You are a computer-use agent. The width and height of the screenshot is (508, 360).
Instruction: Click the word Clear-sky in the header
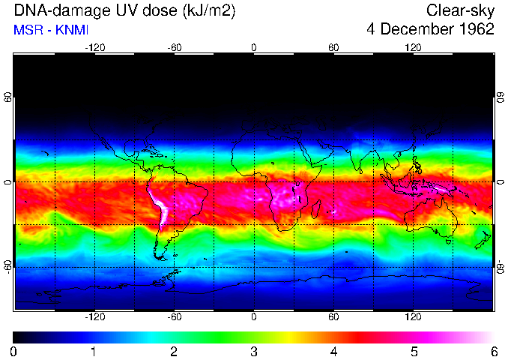tap(460, 10)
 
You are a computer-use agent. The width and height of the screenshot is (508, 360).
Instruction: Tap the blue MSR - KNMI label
tap(51, 30)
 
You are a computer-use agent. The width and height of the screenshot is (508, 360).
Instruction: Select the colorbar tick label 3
tap(253, 350)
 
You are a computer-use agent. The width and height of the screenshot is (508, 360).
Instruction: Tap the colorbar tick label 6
tap(493, 350)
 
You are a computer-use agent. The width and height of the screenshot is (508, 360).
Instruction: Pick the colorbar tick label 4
tap(333, 350)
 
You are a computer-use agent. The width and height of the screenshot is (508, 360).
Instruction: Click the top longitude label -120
tap(94, 48)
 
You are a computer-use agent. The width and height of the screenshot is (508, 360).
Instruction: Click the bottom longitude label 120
tap(413, 317)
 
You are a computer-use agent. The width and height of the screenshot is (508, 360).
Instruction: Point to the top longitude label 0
tap(254, 48)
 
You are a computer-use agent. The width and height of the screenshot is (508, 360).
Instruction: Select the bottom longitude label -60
tap(175, 317)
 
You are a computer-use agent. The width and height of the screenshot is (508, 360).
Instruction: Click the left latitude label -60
tap(7, 267)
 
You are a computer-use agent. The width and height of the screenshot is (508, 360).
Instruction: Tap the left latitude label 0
tap(7, 182)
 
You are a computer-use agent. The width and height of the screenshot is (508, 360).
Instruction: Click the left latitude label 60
tap(7, 98)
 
